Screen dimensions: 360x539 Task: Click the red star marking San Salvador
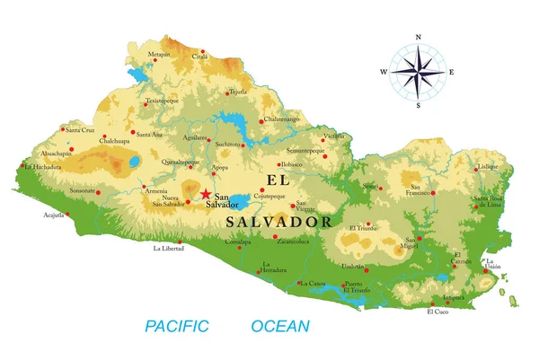click(x=206, y=194)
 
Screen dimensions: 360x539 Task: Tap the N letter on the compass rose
click(x=419, y=38)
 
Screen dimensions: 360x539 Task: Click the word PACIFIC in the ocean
click(x=177, y=326)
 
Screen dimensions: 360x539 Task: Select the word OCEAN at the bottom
click(x=280, y=326)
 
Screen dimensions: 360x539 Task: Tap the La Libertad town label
click(x=168, y=248)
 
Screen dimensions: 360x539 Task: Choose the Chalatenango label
click(x=280, y=119)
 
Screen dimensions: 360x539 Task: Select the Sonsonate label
click(x=84, y=190)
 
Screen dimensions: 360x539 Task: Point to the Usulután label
click(x=353, y=267)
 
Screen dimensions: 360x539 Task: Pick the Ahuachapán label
click(x=54, y=154)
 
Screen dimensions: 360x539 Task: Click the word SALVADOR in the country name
click(x=279, y=221)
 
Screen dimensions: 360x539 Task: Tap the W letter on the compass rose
click(x=384, y=71)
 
